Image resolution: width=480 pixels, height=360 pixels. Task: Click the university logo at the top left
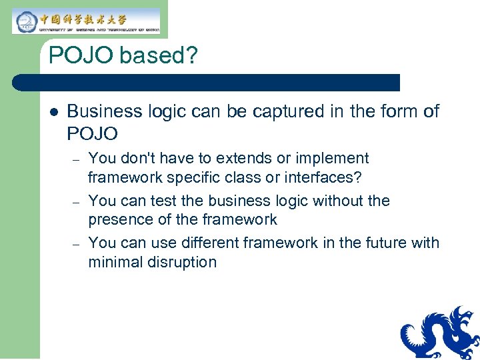tap(87, 21)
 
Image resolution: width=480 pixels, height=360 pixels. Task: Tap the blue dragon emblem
tap(440, 333)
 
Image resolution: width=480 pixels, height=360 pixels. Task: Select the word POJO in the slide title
tap(81, 56)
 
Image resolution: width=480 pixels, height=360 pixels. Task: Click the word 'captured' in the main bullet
tap(289, 111)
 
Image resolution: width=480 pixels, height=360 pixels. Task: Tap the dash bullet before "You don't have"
tap(76, 159)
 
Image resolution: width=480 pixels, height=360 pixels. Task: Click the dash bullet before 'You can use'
tap(76, 244)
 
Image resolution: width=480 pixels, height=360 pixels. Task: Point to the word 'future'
tap(381, 243)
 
